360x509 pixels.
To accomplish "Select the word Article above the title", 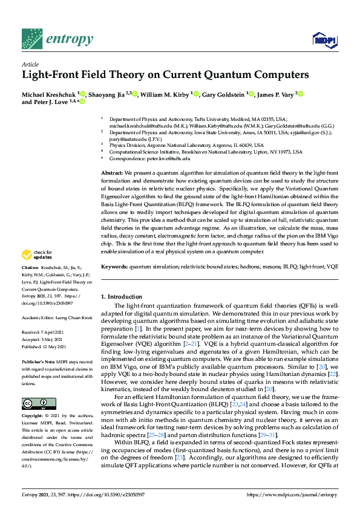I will (x=30, y=63).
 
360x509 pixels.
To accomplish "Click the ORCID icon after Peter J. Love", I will (x=82, y=103).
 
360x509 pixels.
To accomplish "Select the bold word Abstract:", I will (x=113, y=173).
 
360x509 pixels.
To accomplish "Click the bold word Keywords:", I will (x=114, y=267).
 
